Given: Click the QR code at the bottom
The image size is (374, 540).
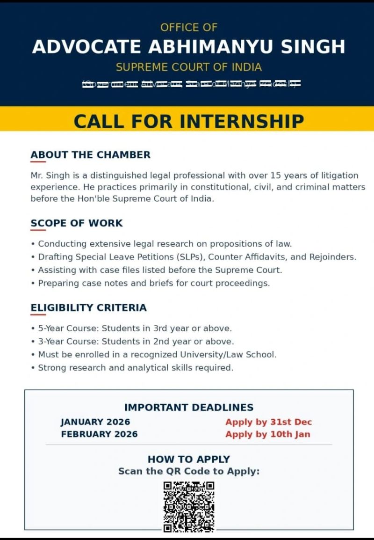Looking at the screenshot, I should (189, 506).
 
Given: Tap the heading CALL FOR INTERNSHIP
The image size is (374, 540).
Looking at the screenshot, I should (189, 121).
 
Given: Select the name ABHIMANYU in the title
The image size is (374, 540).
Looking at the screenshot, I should (203, 47).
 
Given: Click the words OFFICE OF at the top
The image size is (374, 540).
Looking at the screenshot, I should (189, 27).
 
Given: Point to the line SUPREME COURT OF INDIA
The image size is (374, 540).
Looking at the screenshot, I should (189, 67).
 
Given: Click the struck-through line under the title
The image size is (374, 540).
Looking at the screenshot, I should (191, 84).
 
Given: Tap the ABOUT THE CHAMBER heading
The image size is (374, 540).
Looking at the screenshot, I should (90, 155).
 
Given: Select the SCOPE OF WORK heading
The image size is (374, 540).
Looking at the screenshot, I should (77, 223).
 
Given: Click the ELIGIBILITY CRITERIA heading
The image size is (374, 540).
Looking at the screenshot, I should (88, 307).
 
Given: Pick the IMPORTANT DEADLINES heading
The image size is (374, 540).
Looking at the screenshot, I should (189, 408).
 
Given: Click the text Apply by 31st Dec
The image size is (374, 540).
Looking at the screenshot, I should (268, 422).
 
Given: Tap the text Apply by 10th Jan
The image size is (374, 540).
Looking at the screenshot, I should (267, 434).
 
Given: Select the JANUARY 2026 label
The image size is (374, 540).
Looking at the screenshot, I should (95, 422).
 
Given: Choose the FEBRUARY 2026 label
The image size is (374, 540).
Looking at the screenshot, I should (99, 434).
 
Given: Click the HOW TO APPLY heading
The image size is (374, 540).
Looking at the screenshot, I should (189, 459).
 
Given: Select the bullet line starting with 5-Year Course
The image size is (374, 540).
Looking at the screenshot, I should (135, 328).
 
